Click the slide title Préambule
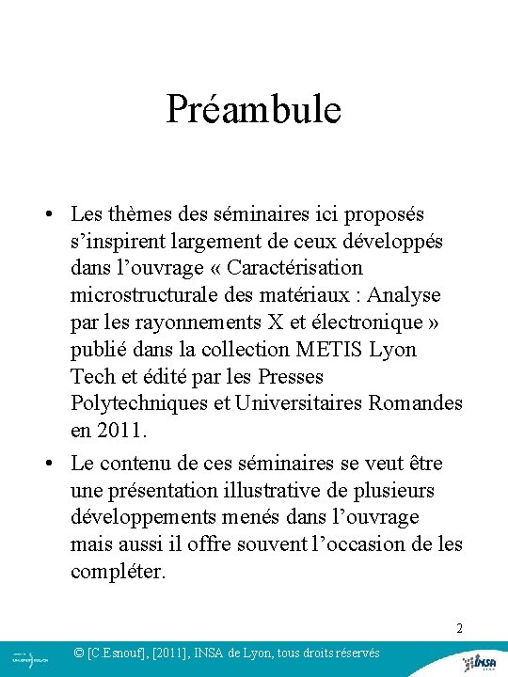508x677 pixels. point(253,109)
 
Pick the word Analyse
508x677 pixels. point(404,295)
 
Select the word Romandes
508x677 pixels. point(421,403)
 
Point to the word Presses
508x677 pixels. point(291,376)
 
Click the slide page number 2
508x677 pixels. point(459,627)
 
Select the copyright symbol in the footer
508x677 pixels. point(80,653)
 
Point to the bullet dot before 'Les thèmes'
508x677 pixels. point(46,214)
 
